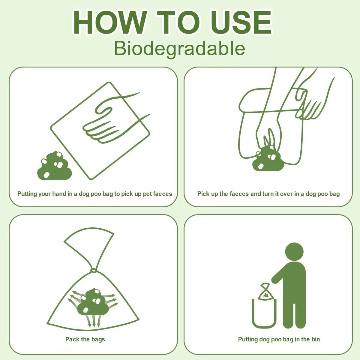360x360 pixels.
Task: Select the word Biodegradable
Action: pos(180,49)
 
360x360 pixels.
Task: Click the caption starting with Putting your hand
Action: pos(95,194)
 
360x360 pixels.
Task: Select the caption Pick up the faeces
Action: pos(268,194)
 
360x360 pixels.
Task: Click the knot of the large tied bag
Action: pos(94,271)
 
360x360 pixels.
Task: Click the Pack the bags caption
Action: pos(85,339)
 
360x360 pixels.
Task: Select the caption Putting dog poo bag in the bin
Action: pos(279,339)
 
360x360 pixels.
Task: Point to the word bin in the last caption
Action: pos(315,339)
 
